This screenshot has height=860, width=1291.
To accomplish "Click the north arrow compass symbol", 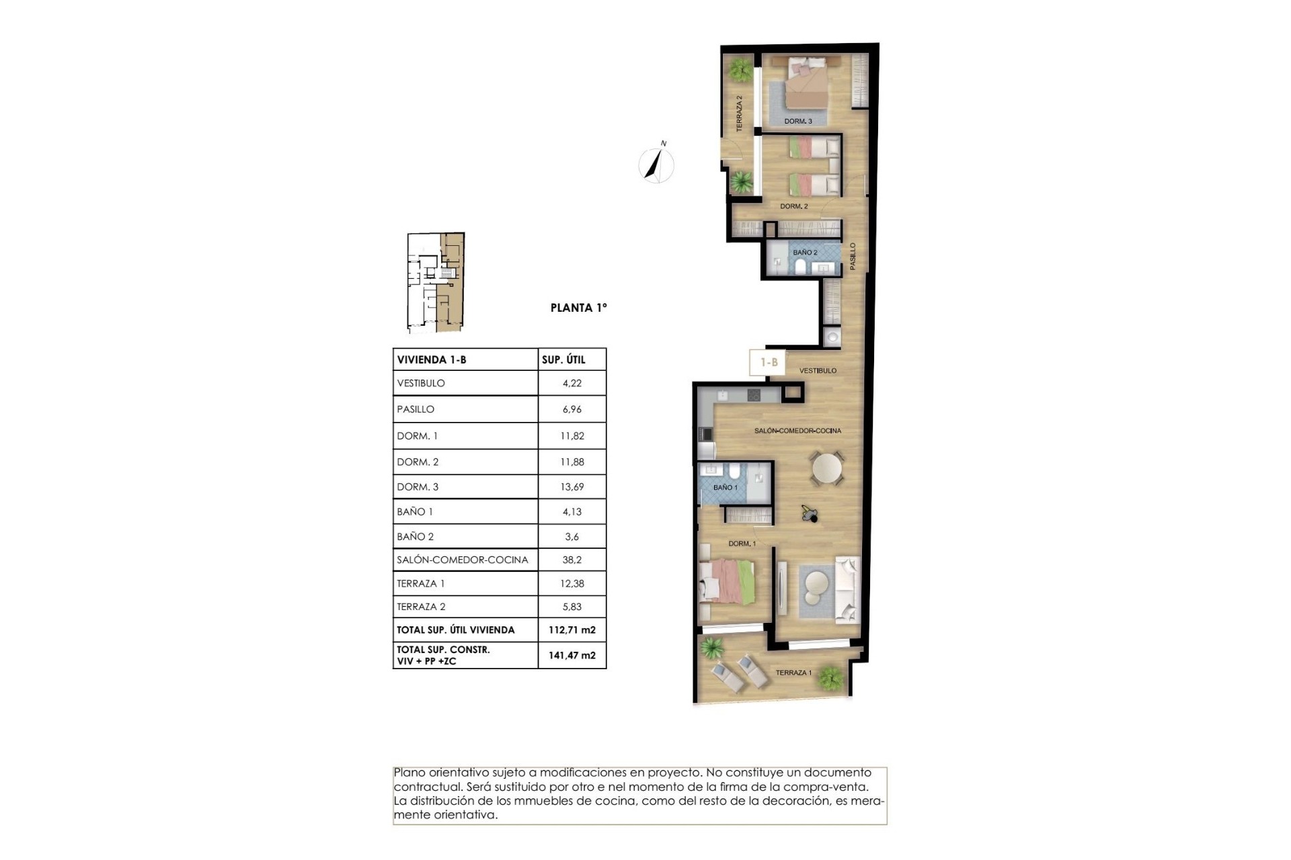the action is pyautogui.click(x=656, y=163).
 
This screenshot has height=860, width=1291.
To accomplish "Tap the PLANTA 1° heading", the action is pyautogui.click(x=578, y=308).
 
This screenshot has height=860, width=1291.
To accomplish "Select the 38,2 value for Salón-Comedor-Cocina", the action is pyautogui.click(x=572, y=560).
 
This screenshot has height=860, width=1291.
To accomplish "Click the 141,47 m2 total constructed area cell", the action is pyautogui.click(x=572, y=655).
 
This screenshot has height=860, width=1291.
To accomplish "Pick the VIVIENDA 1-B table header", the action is pyautogui.click(x=432, y=359).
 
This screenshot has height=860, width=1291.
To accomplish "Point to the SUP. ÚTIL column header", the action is pyautogui.click(x=563, y=359).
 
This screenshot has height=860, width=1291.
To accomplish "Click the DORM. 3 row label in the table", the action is pyautogui.click(x=418, y=486).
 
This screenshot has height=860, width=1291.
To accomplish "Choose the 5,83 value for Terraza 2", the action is pyautogui.click(x=572, y=606).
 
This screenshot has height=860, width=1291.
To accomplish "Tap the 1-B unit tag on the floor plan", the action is pyautogui.click(x=769, y=363).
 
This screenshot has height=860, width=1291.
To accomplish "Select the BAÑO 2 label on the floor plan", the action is pyautogui.click(x=805, y=253).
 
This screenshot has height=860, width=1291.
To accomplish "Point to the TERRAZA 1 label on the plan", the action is pyautogui.click(x=793, y=673).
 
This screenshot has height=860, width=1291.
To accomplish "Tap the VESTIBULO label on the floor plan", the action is pyautogui.click(x=818, y=371).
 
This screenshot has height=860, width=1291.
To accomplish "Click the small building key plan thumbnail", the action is pyautogui.click(x=436, y=283).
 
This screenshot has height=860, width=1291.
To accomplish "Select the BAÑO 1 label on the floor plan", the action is pyautogui.click(x=726, y=488).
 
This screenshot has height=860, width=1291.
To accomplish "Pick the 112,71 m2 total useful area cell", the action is pyautogui.click(x=572, y=630).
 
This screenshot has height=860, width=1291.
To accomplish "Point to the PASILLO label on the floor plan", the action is pyautogui.click(x=853, y=257).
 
